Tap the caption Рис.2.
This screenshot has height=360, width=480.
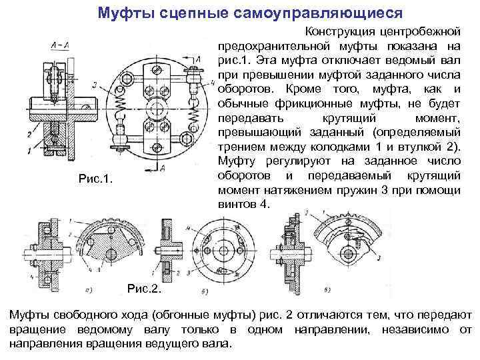point(144,290)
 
